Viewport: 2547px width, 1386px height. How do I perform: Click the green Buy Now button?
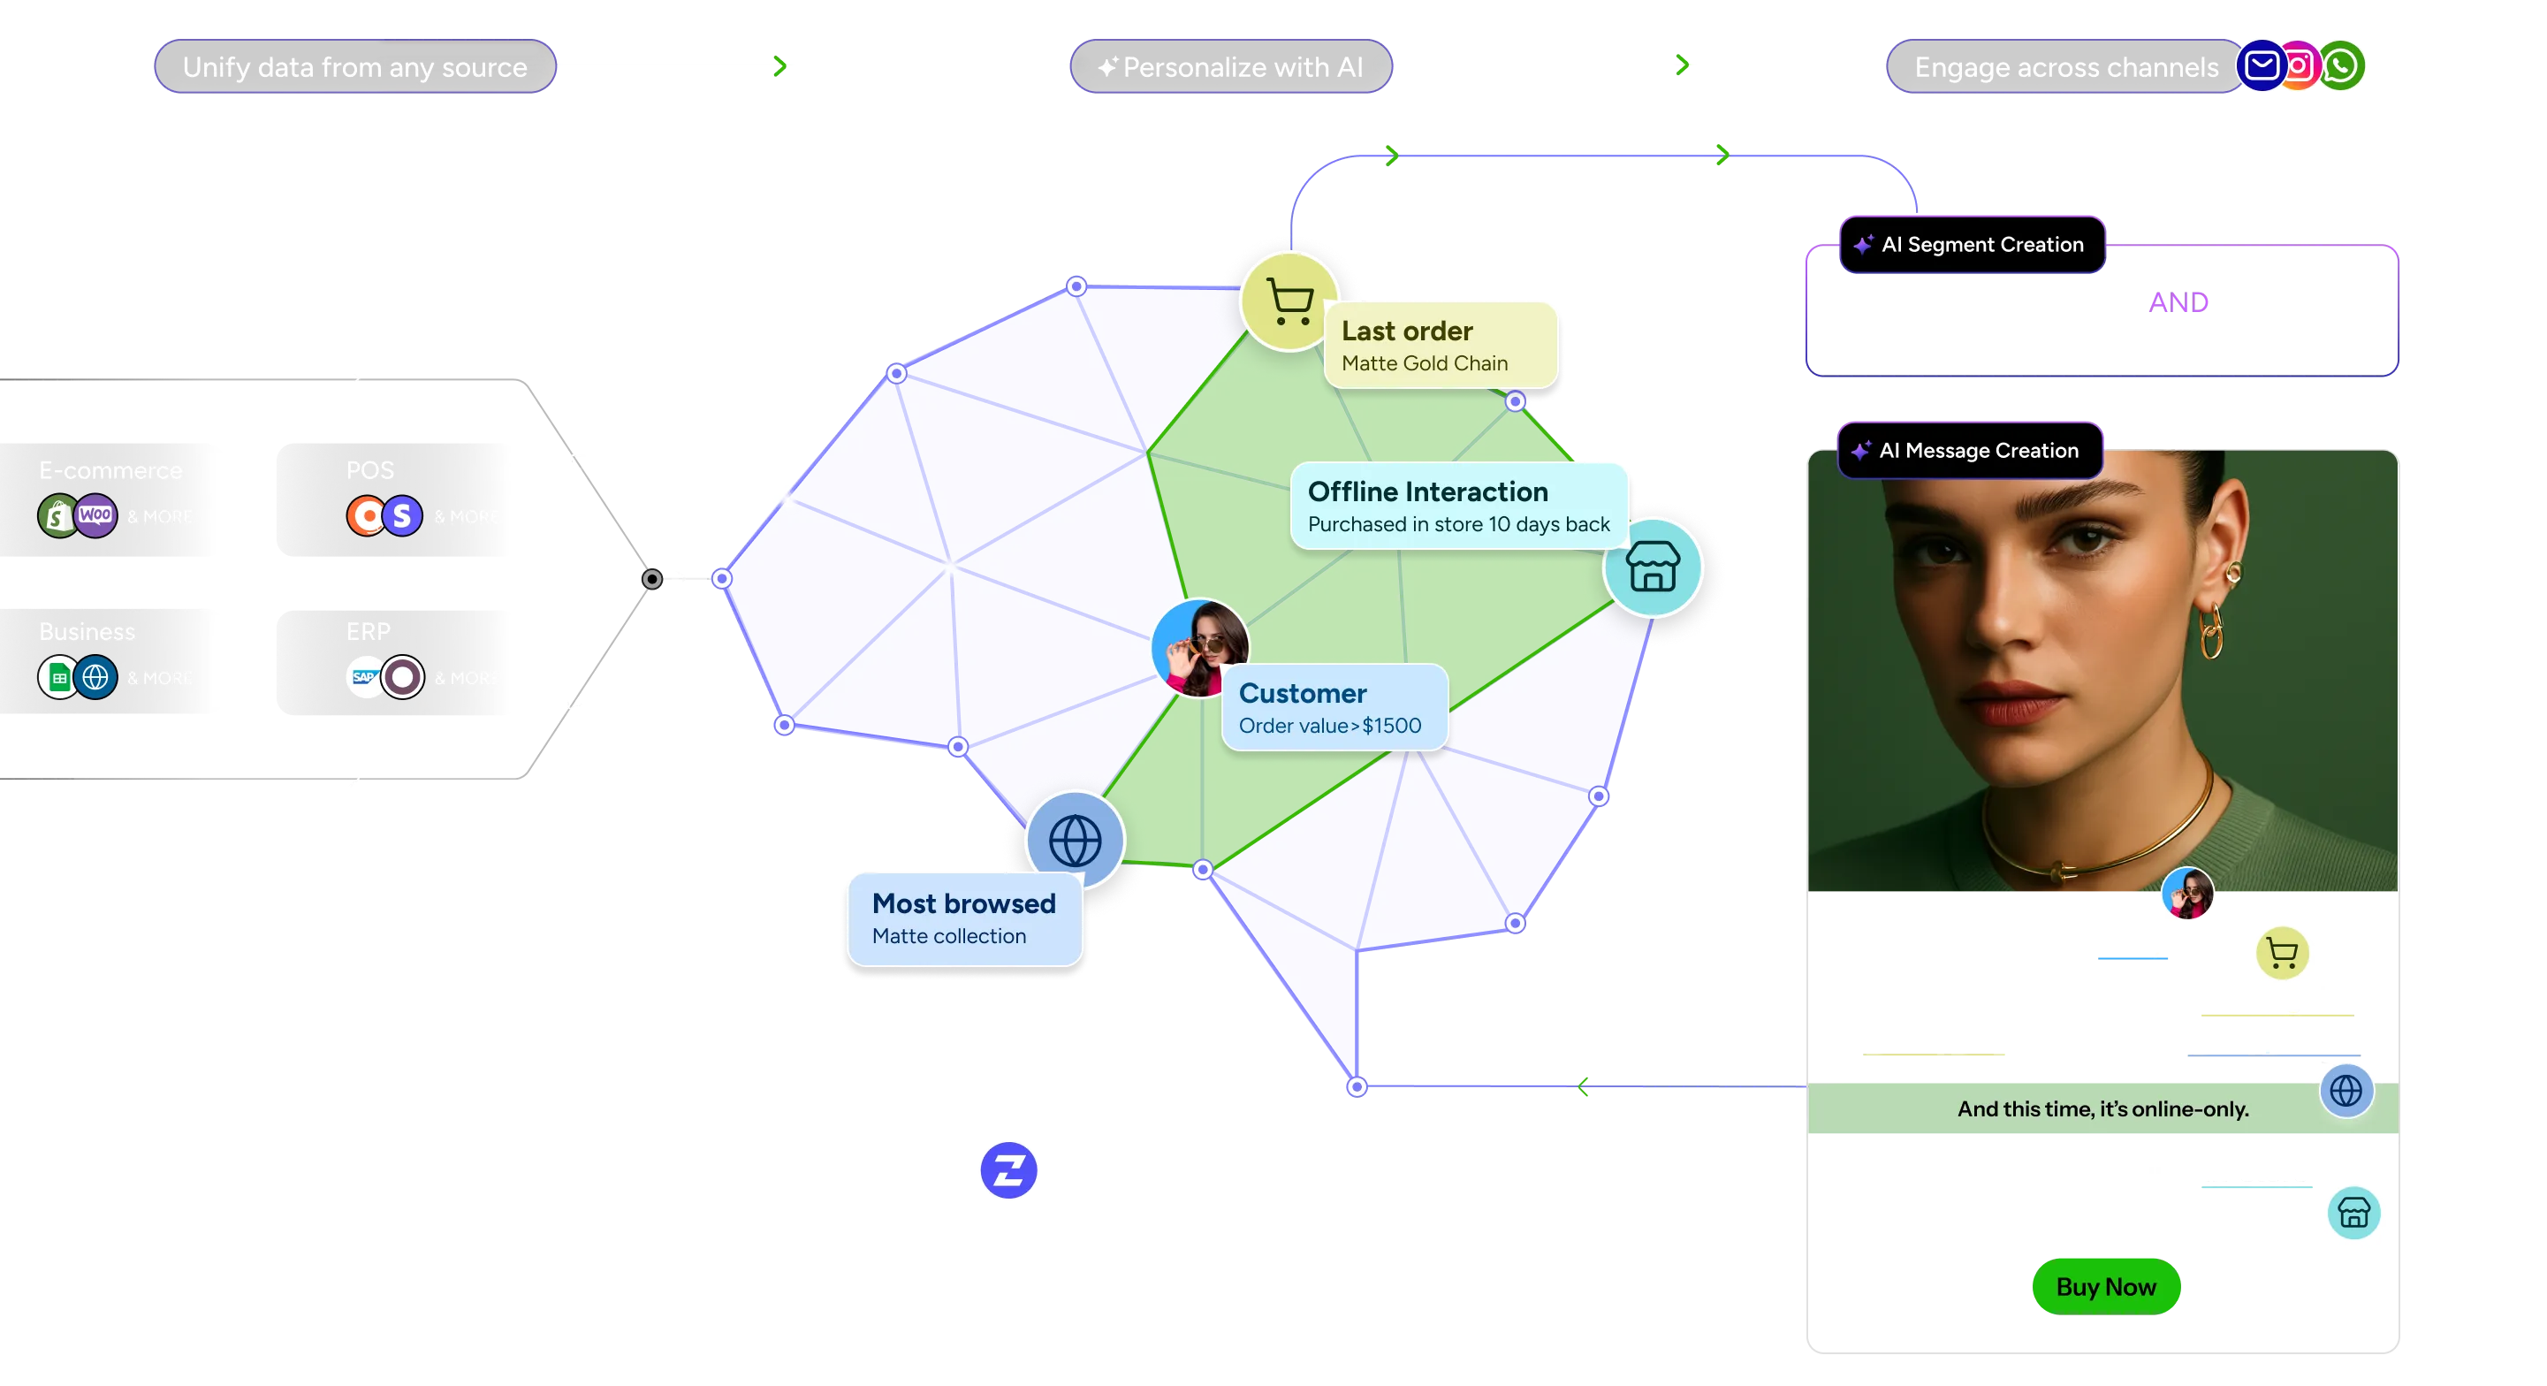click(x=2106, y=1286)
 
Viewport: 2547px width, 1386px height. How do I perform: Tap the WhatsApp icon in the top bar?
click(x=2341, y=65)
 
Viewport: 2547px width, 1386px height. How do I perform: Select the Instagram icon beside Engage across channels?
click(x=2300, y=66)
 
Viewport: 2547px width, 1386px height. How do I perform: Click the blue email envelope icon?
click(x=2262, y=66)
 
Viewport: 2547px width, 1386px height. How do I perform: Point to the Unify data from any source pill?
click(x=355, y=67)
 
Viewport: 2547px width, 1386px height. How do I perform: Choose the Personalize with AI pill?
click(x=1231, y=67)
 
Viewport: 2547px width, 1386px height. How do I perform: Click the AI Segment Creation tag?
click(x=1973, y=244)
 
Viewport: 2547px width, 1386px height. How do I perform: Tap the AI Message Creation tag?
click(x=1970, y=451)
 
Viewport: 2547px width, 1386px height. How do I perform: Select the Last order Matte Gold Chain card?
click(x=1440, y=345)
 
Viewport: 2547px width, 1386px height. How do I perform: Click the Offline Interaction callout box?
click(x=1458, y=506)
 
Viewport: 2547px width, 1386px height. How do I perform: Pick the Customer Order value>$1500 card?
click(x=1334, y=708)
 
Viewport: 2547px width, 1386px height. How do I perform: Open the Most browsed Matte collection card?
click(x=964, y=918)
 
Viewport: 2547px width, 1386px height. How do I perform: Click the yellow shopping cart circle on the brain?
click(x=1289, y=300)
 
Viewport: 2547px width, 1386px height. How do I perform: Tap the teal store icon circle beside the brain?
click(x=1652, y=567)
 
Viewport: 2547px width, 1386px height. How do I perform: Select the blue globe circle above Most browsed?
click(x=1075, y=841)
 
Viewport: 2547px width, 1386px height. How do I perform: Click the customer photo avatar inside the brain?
click(x=1198, y=648)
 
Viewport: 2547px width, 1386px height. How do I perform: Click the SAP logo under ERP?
click(x=364, y=677)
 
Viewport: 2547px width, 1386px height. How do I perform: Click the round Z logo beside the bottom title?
click(x=1007, y=1170)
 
